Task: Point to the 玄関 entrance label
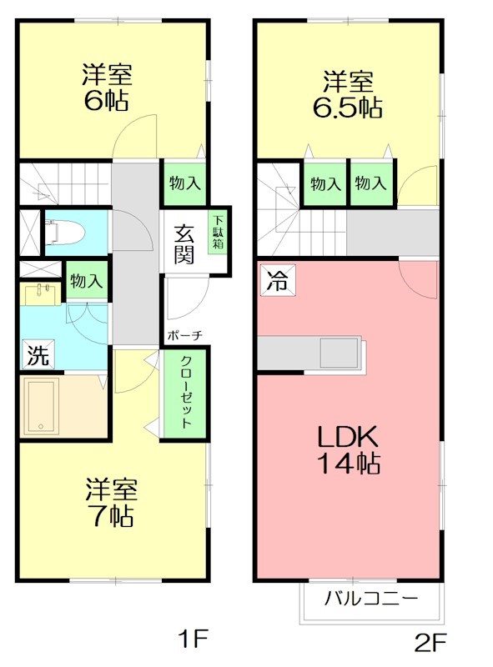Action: tap(185, 244)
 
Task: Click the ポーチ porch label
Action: tap(184, 335)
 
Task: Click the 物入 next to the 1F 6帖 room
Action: tap(184, 183)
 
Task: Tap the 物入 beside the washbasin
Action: tap(87, 282)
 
